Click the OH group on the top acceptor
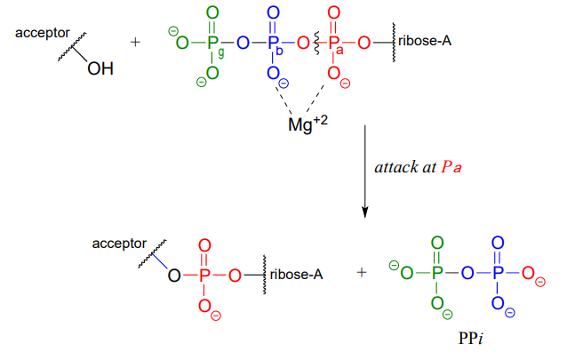tap(100, 72)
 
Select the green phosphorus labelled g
tap(212, 42)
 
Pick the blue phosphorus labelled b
tap(272, 42)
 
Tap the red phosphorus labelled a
tap(334, 42)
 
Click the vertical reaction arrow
tap(365, 169)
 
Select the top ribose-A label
tap(423, 41)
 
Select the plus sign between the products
tap(361, 273)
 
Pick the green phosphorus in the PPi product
tap(435, 272)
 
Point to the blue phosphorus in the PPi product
tap(497, 272)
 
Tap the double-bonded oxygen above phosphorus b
tap(272, 12)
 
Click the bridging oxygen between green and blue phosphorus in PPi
tap(467, 272)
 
